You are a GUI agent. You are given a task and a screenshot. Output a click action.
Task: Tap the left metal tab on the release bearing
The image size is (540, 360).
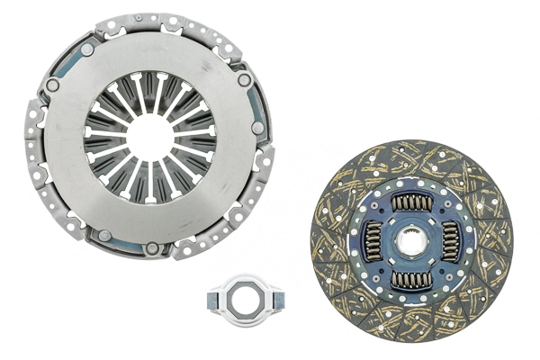tap(211, 294)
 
